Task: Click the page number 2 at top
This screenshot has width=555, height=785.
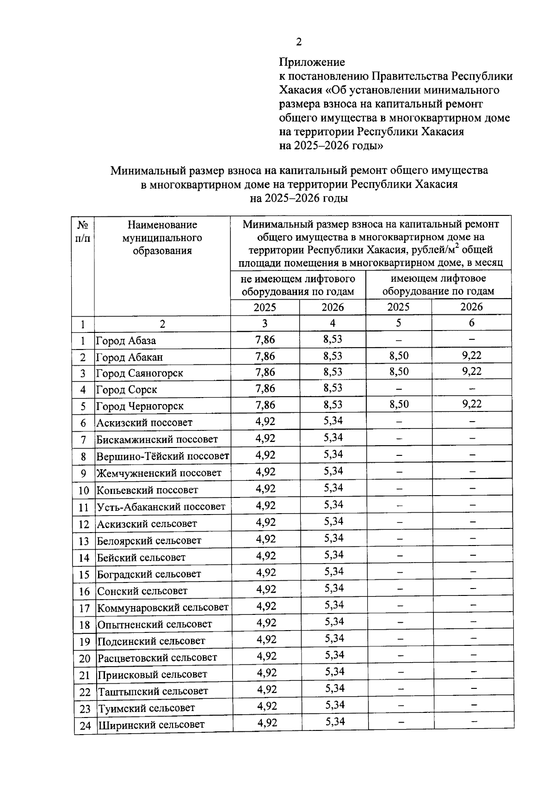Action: click(298, 43)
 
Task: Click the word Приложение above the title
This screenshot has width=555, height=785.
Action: click(312, 62)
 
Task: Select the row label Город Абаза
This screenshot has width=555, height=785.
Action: click(126, 341)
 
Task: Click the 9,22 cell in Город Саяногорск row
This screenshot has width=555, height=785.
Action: click(472, 371)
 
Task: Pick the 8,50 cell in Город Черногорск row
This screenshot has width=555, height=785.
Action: click(399, 405)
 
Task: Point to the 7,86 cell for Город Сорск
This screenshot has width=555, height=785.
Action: click(265, 388)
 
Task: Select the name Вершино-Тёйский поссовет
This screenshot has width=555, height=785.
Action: click(162, 456)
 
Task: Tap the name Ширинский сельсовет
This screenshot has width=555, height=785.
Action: click(151, 724)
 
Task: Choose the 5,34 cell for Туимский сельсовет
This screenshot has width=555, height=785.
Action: click(335, 705)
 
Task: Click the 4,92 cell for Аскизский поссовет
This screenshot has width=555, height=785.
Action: click(265, 421)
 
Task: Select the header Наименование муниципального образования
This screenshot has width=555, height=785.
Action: click(162, 238)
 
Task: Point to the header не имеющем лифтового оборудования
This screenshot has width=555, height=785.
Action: click(298, 285)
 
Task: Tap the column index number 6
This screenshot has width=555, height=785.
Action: click(471, 323)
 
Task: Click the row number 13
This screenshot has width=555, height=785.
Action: click(84, 541)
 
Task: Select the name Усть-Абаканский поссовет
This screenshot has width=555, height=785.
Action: click(160, 507)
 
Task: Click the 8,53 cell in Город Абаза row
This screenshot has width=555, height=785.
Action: click(333, 339)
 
